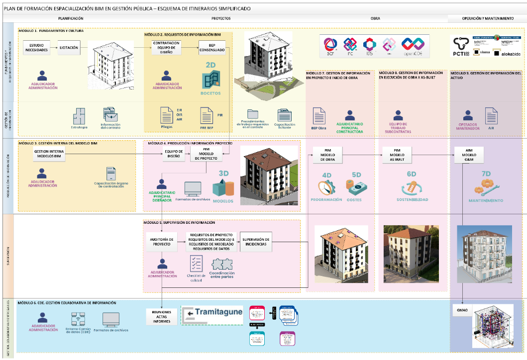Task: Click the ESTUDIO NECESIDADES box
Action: click(x=37, y=48)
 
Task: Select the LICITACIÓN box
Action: click(x=68, y=48)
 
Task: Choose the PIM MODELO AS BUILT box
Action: click(x=397, y=155)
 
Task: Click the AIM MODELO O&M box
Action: click(x=469, y=155)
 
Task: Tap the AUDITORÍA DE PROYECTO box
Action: click(x=162, y=242)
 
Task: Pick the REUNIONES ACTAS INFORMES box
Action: click(x=162, y=316)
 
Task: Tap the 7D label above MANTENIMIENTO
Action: click(x=486, y=175)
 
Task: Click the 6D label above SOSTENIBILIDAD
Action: click(x=411, y=175)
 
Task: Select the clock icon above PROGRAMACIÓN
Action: click(x=326, y=187)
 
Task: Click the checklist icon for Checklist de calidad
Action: click(x=196, y=264)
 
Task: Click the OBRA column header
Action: click(x=375, y=18)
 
